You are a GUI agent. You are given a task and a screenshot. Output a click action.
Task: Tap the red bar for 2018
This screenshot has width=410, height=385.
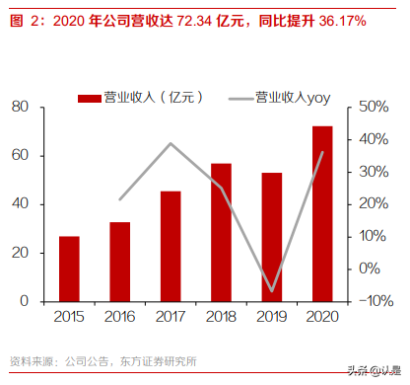tap(221, 231)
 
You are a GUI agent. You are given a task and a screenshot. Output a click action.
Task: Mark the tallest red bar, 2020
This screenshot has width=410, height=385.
tap(322, 212)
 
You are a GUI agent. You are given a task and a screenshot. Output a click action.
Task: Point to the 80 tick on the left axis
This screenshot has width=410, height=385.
tap(21, 107)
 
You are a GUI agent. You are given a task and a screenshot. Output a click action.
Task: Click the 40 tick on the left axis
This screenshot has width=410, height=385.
tap(21, 203)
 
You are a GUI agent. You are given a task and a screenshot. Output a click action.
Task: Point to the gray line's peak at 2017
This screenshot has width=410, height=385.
tap(171, 143)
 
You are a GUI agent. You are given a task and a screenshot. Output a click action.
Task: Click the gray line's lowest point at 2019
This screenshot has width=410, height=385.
tap(272, 291)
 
